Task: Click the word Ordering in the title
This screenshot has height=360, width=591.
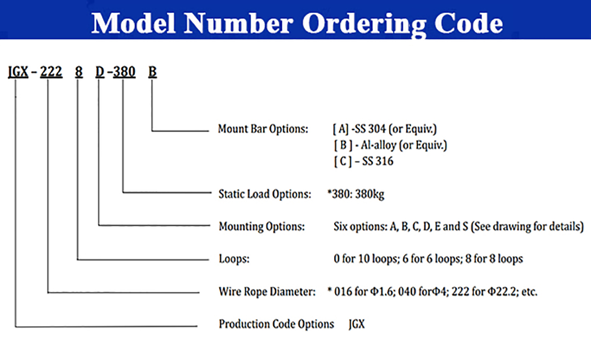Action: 364,24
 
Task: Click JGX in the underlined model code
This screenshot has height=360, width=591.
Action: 18,72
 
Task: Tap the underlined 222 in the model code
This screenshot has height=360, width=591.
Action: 51,72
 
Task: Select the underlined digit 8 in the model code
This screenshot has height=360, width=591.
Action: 79,72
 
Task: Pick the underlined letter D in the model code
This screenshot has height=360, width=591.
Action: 100,72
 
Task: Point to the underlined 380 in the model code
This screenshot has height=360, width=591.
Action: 124,72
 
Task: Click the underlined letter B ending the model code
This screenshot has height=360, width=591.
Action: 152,72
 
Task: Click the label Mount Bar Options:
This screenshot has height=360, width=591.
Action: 263,129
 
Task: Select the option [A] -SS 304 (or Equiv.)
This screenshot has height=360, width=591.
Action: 385,129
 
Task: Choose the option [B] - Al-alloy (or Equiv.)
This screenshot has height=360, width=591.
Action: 390,145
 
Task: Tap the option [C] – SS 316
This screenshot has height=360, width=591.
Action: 364,161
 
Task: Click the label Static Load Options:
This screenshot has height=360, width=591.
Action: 265,194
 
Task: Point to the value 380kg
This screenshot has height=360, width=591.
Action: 370,195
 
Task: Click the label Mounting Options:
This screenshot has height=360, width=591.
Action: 262,227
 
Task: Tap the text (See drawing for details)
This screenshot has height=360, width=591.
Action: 527,227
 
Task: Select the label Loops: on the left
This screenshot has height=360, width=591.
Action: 234,259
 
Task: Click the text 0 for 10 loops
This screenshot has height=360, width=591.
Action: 366,259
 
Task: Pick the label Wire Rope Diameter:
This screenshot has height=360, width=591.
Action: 267,292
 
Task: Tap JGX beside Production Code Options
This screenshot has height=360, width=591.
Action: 357,324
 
